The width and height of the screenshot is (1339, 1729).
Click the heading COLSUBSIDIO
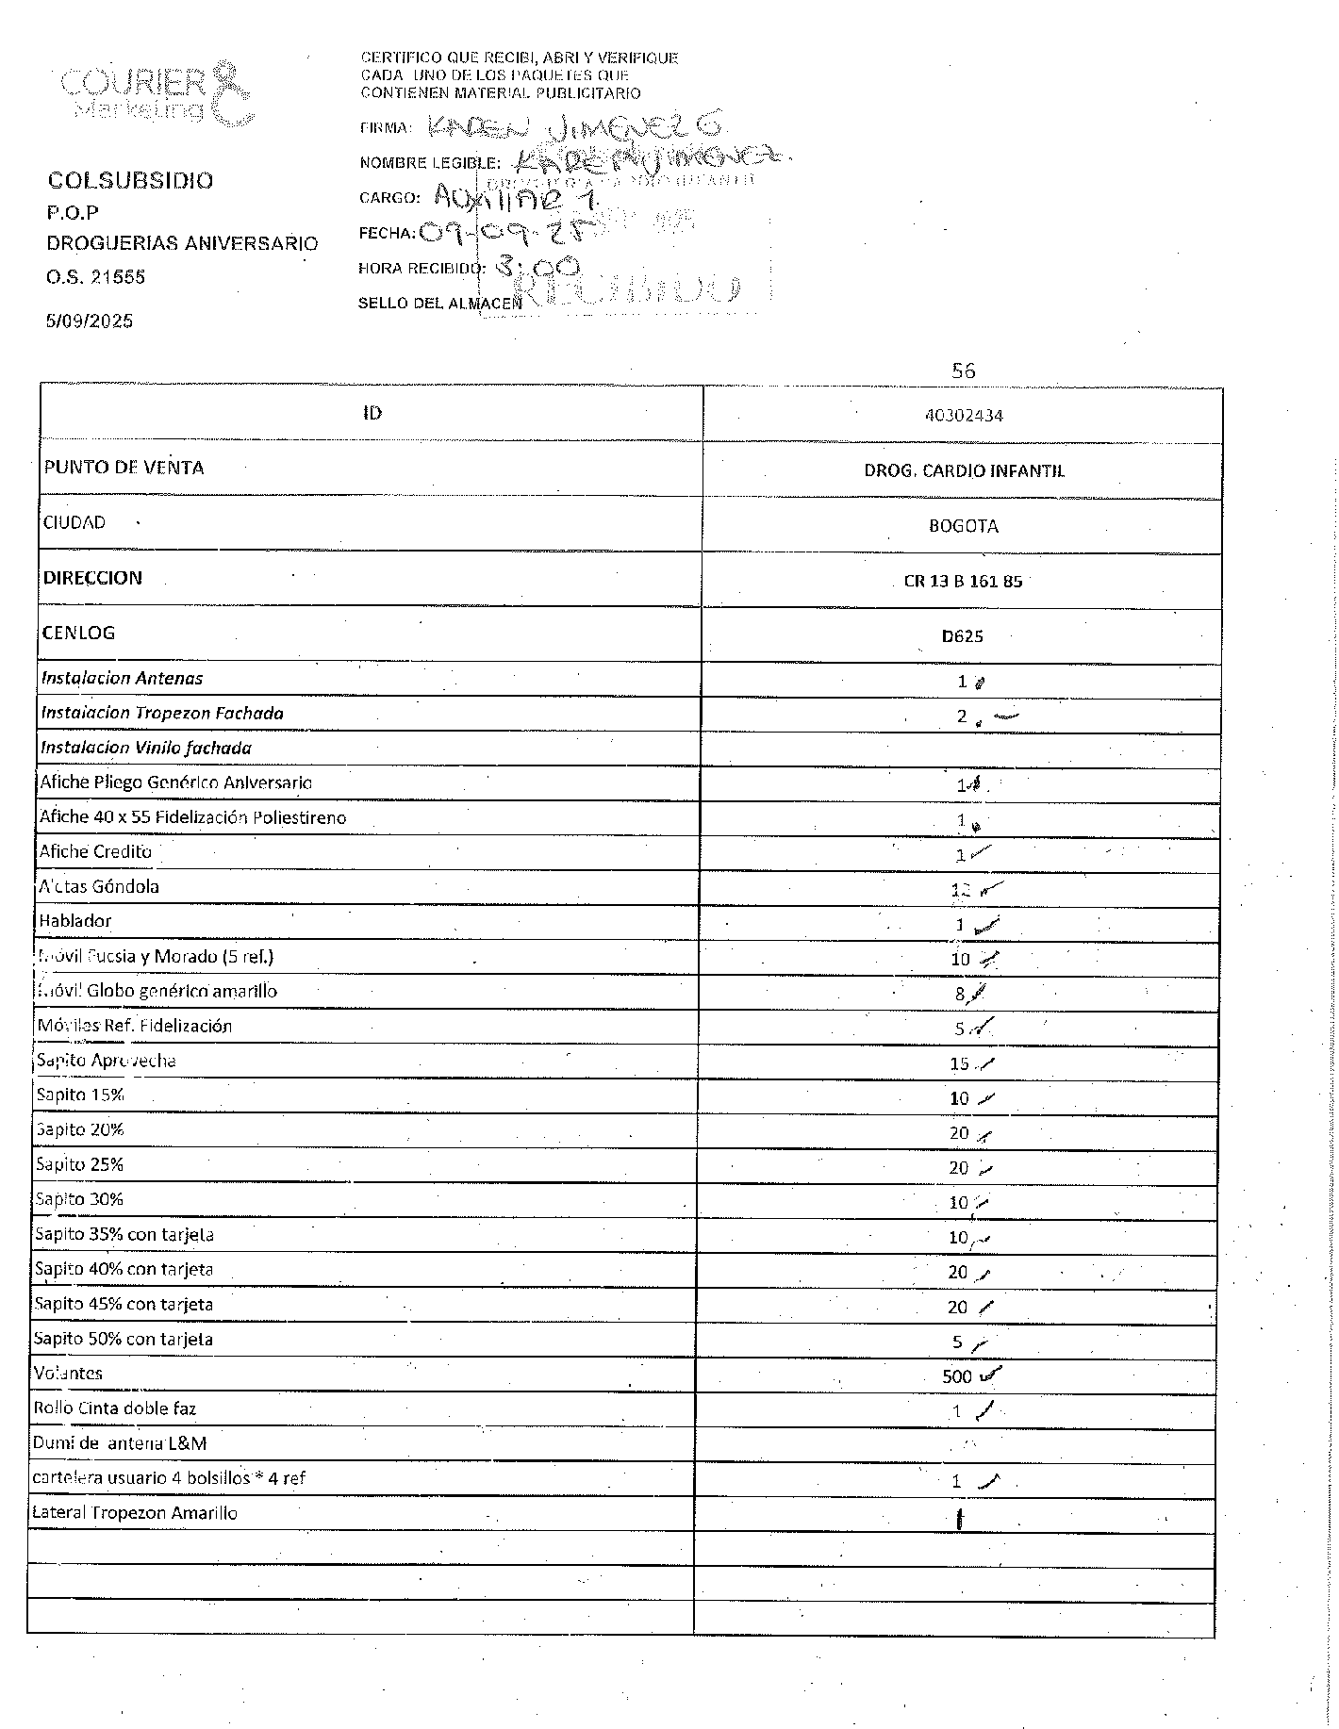click(x=130, y=180)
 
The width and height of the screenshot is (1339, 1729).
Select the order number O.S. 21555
click(x=96, y=277)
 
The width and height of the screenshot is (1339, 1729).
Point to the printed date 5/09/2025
click(x=91, y=321)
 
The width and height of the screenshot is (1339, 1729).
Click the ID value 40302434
click(x=964, y=415)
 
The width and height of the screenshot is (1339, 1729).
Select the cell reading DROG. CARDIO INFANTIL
click(x=964, y=470)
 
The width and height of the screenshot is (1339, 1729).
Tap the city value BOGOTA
click(x=963, y=526)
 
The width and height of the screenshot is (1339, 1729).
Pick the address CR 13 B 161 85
click(x=963, y=581)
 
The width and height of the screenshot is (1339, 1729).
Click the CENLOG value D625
click(x=962, y=635)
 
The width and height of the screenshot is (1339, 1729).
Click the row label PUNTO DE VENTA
click(x=124, y=468)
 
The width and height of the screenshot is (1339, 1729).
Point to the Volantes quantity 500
click(x=957, y=1376)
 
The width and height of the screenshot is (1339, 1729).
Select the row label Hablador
click(x=75, y=920)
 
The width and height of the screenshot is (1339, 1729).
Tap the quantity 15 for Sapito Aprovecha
click(x=959, y=1063)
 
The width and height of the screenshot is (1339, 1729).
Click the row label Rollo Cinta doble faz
click(x=115, y=1408)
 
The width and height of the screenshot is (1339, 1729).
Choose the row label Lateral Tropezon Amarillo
click(x=135, y=1512)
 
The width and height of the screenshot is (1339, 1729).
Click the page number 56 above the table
click(x=963, y=370)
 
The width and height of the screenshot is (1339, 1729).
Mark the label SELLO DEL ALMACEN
click(x=439, y=303)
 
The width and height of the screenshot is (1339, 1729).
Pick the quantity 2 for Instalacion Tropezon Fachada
click(x=962, y=716)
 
